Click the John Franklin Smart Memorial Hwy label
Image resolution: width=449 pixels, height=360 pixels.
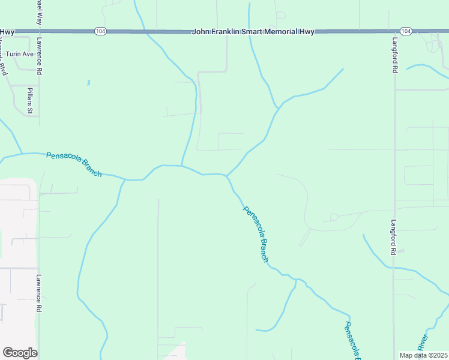(253, 31)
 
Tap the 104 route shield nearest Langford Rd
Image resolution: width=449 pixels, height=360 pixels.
(406, 31)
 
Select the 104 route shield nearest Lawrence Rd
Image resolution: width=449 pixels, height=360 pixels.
(100, 31)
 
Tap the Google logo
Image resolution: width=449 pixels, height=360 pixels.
(20, 353)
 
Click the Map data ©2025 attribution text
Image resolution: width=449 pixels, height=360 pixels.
(424, 355)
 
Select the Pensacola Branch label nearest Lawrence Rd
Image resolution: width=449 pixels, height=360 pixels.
(74, 164)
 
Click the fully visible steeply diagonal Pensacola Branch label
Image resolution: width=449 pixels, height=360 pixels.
(256, 234)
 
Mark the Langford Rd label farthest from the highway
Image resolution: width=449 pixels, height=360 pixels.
(394, 236)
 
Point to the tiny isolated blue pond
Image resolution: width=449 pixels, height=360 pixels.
(88, 82)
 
